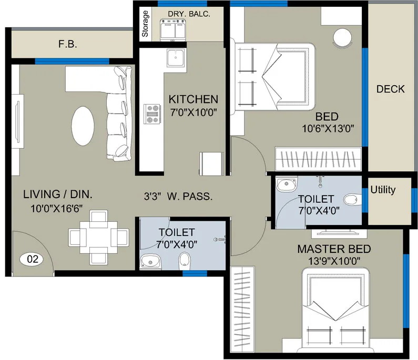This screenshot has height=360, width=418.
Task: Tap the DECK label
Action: click(390, 89)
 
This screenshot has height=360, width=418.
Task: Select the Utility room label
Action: click(383, 190)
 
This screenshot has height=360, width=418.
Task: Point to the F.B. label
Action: click(68, 45)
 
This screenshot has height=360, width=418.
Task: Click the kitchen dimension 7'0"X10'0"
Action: click(193, 111)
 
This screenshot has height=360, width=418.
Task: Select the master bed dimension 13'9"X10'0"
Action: click(334, 260)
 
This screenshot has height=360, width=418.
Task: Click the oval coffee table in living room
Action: click(83, 126)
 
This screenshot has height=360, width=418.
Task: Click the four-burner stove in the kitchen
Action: click(152, 113)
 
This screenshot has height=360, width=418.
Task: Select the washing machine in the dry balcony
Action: click(175, 30)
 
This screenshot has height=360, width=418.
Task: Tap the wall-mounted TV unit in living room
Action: click(17, 121)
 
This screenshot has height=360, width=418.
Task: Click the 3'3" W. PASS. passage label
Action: click(178, 198)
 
